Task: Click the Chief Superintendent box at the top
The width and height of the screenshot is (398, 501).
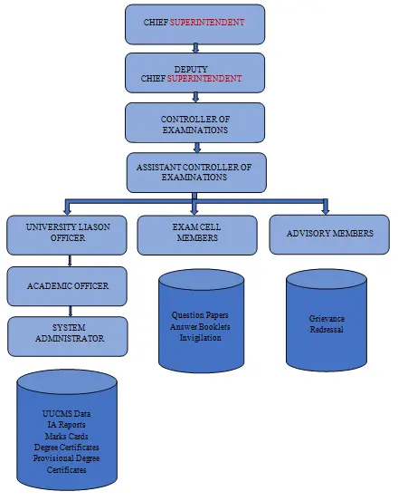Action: [194, 24]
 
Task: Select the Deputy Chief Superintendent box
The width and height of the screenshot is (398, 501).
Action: [194, 73]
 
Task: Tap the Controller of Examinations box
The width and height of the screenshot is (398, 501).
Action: [194, 122]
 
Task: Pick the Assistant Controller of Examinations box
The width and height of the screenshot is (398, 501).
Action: [196, 172]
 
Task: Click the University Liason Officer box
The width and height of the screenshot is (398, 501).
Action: [67, 236]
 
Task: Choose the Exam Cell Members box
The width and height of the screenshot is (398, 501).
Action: [197, 236]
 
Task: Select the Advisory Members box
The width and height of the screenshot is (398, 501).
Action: [329, 235]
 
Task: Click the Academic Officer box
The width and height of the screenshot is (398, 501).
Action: [67, 286]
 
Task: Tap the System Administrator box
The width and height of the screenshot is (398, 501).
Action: [68, 336]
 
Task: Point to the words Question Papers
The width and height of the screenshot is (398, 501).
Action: [200, 315]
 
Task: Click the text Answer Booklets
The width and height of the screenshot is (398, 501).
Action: [200, 326]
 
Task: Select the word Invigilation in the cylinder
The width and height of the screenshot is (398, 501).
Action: [200, 338]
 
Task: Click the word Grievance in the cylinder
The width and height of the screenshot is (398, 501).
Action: [327, 319]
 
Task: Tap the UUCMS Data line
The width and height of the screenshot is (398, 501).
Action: [66, 414]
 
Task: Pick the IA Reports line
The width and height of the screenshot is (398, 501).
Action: [66, 425]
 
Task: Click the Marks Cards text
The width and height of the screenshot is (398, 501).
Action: [66, 436]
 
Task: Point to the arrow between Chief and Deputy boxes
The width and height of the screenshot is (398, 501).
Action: [195, 49]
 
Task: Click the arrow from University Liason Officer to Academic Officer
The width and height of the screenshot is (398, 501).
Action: [70, 261]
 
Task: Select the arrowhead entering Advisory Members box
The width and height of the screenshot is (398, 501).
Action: [326, 211]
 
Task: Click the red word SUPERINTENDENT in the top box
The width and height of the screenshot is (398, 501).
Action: [207, 23]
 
